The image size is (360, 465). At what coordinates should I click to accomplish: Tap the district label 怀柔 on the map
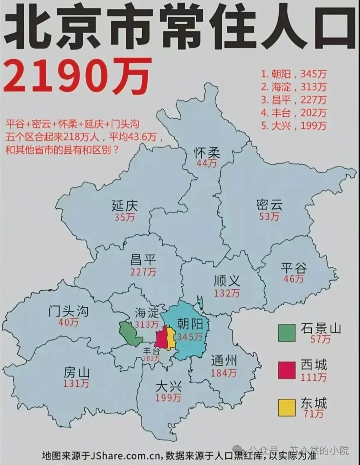207,153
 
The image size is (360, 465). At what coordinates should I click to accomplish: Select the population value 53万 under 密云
269,216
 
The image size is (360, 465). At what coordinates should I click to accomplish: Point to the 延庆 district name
125,205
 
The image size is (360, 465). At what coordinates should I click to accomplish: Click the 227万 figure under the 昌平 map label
143,272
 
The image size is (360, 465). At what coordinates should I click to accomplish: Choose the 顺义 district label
227,281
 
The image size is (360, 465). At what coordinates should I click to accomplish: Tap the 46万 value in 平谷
293,278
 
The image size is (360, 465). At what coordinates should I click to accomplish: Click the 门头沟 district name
68,311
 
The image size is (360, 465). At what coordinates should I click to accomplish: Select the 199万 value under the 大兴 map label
168,397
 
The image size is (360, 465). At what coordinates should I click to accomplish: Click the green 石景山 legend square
287,333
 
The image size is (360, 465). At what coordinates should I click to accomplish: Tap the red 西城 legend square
287,370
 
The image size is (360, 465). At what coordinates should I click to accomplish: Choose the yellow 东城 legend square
287,407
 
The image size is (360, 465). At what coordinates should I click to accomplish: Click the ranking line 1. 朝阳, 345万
294,74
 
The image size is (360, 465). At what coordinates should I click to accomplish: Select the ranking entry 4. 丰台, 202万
294,113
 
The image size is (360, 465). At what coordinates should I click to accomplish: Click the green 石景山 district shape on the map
130,333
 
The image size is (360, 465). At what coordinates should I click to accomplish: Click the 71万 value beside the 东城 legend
314,414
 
